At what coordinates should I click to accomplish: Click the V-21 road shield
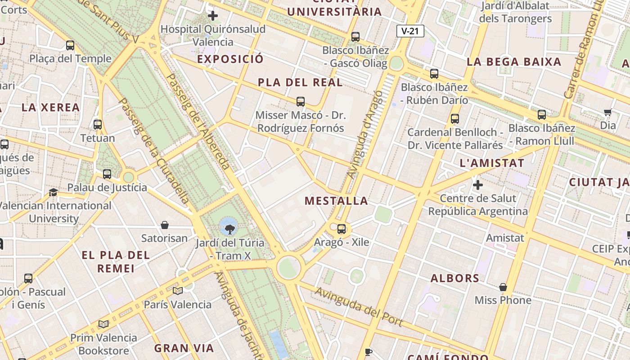tap(410, 31)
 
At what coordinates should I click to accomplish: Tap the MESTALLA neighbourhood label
tap(336, 201)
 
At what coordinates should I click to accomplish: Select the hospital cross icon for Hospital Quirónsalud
tap(213, 16)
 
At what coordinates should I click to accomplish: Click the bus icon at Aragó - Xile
tap(342, 229)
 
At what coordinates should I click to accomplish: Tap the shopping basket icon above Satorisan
tap(165, 225)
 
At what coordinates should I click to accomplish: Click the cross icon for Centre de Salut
tap(478, 185)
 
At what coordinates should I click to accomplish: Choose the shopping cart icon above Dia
tap(608, 112)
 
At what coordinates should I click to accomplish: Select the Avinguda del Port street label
tap(358, 306)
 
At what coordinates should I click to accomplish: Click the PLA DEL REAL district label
tap(300, 83)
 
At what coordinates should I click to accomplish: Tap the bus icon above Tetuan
tap(98, 125)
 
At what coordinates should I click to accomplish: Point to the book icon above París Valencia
tap(178, 291)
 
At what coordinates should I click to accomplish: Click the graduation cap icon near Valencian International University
tap(54, 193)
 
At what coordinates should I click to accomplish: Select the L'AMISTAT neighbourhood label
tap(492, 163)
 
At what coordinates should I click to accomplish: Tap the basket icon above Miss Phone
tap(503, 287)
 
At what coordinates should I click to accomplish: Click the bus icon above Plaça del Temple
tap(70, 45)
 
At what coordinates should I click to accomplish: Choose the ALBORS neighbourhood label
tap(455, 278)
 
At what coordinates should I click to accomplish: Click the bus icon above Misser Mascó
tap(301, 102)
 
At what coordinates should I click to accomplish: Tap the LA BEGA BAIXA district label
tap(514, 62)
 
